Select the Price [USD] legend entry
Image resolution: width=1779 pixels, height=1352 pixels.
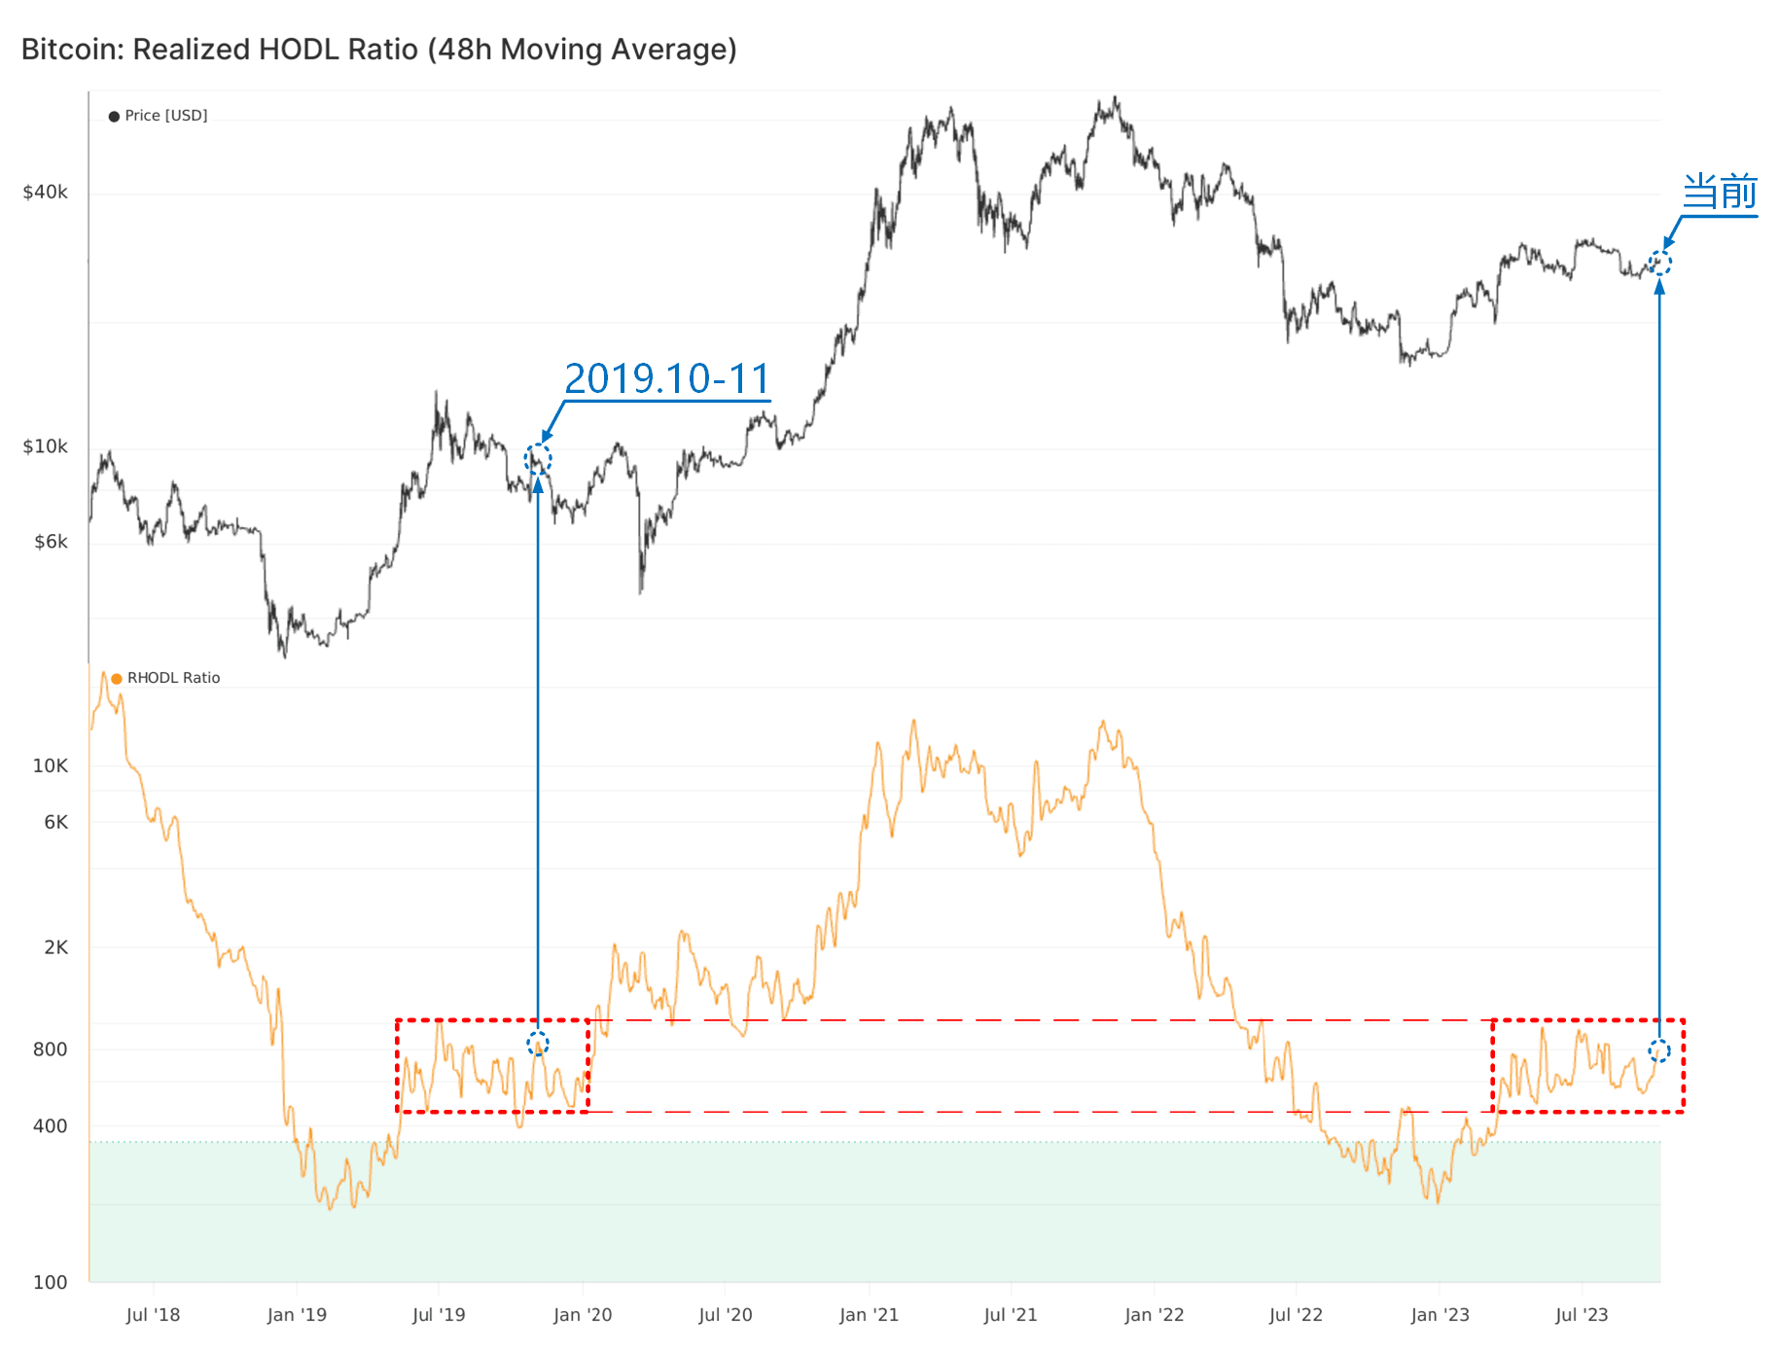tap(159, 116)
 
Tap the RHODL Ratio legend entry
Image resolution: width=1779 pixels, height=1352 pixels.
tap(166, 678)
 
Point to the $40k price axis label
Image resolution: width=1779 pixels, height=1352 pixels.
tap(46, 193)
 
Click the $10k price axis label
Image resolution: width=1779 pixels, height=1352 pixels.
tap(46, 446)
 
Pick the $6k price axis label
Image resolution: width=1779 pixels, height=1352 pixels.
tap(51, 542)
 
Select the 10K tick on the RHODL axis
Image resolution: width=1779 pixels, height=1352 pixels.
tap(51, 765)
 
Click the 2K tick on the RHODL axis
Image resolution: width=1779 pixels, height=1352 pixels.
tap(56, 947)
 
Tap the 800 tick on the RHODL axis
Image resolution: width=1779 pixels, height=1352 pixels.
tap(51, 1050)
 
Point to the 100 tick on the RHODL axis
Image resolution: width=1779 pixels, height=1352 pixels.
tap(51, 1282)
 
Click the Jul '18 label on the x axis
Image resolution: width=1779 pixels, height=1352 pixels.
tap(153, 1315)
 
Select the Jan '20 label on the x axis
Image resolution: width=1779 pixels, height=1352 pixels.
tap(583, 1315)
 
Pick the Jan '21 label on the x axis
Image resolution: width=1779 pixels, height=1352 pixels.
tap(869, 1315)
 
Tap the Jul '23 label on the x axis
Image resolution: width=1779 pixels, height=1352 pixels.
tap(1582, 1315)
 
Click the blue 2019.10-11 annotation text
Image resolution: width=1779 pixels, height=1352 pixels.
tap(667, 379)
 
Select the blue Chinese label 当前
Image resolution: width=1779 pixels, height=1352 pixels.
tap(1720, 192)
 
